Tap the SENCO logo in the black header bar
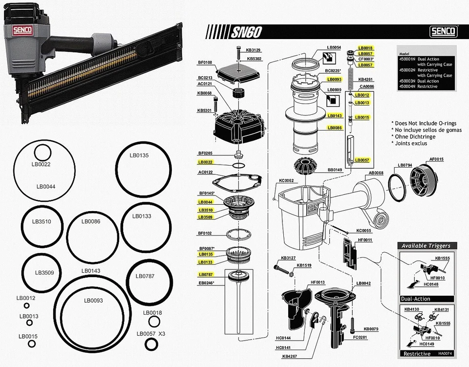(443, 32)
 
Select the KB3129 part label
(253, 50)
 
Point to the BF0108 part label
(205, 63)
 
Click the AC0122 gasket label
(205, 173)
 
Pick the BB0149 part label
(320, 170)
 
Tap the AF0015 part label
(436, 159)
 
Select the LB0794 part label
(405, 165)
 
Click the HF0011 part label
(365, 240)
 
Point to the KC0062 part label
(286, 181)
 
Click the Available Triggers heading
(426, 246)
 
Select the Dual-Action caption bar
(415, 299)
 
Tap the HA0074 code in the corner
(445, 353)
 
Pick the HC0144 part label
(283, 338)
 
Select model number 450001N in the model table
(407, 59)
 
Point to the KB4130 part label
(411, 309)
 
